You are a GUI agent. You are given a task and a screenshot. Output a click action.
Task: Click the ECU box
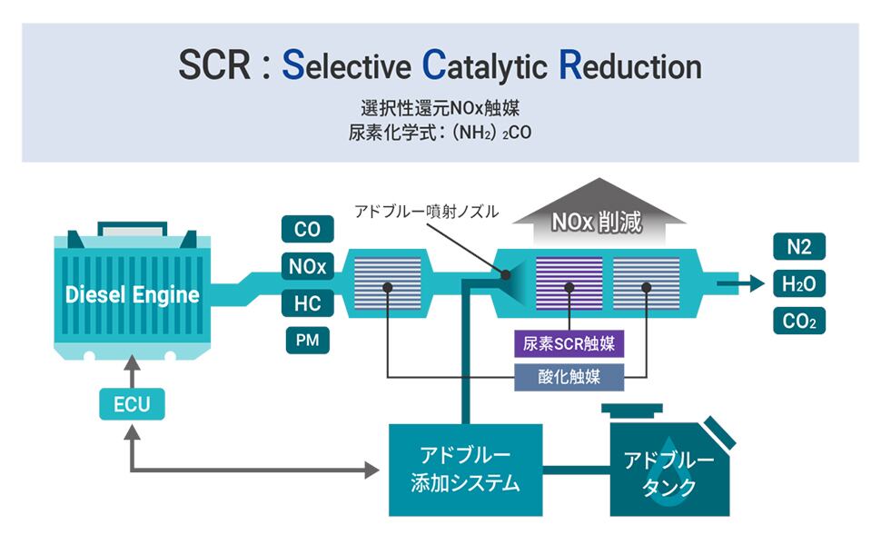(132, 403)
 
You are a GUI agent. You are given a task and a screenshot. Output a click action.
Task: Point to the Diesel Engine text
(133, 294)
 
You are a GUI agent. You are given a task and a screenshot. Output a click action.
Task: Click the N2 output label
(798, 246)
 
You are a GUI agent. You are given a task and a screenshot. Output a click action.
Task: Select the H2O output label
(798, 283)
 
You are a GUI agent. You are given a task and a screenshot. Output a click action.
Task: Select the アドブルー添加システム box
(465, 469)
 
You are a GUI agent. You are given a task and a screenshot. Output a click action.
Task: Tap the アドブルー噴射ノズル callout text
(426, 211)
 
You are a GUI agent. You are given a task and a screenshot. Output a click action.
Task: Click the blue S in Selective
(292, 65)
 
